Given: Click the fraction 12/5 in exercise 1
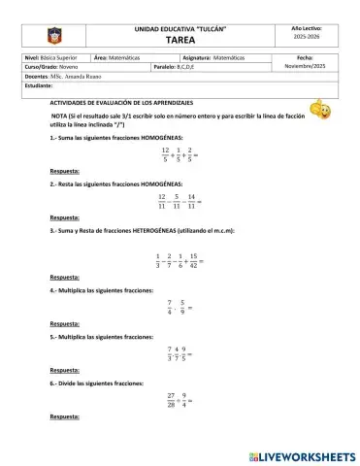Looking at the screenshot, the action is [166, 154].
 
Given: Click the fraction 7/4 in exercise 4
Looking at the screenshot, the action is [169, 308].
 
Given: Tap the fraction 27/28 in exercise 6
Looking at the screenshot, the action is [170, 399].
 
